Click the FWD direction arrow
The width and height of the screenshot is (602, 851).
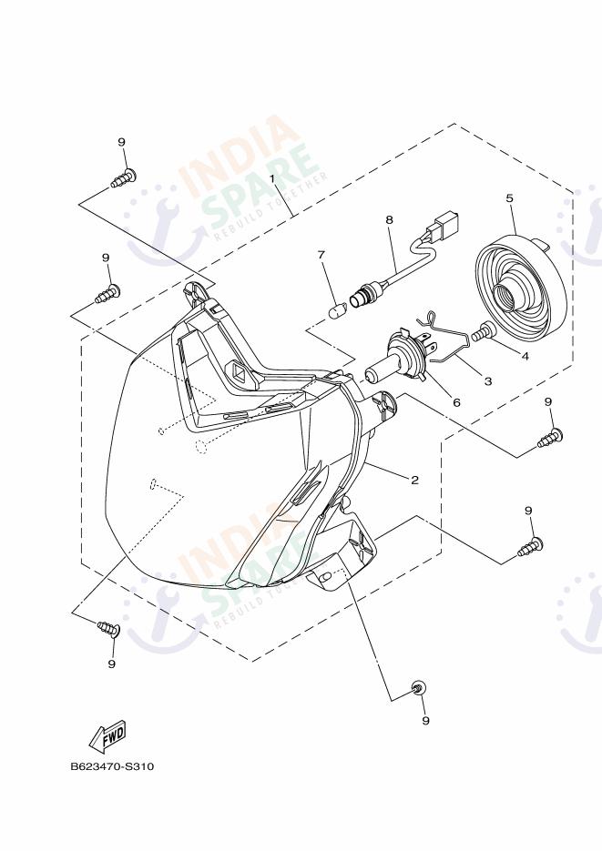107,736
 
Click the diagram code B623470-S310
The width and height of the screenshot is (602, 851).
112,767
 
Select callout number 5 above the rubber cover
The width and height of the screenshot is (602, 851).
510,198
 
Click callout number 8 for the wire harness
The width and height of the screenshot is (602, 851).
389,220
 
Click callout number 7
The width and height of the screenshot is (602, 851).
321,254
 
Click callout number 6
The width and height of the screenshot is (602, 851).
456,402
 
